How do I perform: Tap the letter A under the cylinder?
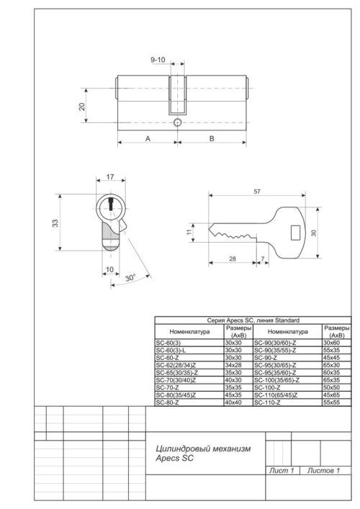(147, 138)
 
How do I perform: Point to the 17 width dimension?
(109, 176)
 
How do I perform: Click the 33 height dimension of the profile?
(54, 223)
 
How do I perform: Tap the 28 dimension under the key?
(233, 258)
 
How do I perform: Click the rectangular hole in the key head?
(294, 231)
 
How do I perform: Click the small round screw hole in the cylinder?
(176, 124)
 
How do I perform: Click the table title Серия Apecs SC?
(252, 319)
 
